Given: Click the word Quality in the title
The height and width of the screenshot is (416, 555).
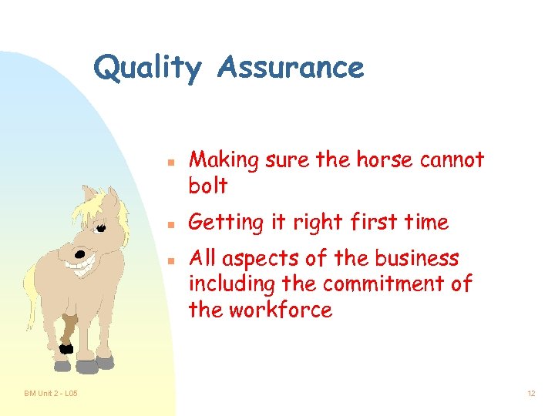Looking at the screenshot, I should click(x=146, y=68).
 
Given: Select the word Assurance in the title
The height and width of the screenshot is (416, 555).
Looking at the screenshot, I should click(x=290, y=68).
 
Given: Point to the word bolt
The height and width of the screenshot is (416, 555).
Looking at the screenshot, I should click(x=208, y=186).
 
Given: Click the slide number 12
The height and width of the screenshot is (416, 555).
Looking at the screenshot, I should click(x=531, y=394).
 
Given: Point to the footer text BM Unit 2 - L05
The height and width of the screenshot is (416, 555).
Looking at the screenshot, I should click(x=50, y=394).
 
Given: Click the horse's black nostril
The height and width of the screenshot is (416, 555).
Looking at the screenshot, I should click(x=79, y=253).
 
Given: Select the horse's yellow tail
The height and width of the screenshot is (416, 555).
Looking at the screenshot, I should click(x=30, y=297).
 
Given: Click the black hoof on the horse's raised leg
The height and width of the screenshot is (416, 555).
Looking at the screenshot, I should click(x=67, y=348).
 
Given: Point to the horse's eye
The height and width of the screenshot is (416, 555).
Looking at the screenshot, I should click(x=101, y=227).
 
